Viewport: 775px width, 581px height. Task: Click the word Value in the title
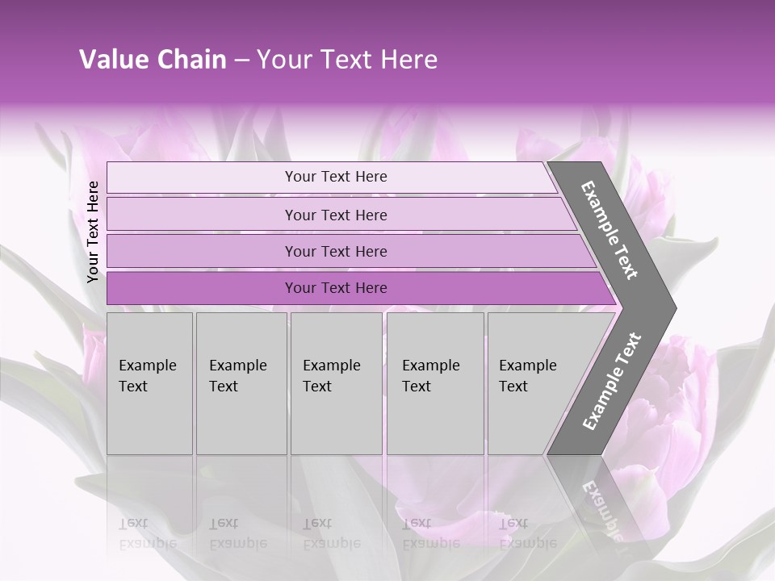tap(112, 60)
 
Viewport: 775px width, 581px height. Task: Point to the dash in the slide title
tap(241, 61)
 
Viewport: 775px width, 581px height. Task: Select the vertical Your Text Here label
tap(94, 232)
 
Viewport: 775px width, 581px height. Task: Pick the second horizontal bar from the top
tap(336, 215)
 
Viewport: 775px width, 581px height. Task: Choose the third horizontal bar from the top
tap(336, 251)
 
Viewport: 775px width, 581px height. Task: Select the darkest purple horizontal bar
tap(336, 288)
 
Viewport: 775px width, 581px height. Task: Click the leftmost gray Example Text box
tap(149, 383)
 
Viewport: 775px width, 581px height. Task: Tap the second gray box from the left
tap(241, 383)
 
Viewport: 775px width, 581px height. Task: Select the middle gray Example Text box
tap(336, 383)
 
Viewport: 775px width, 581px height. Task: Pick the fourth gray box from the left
tap(435, 383)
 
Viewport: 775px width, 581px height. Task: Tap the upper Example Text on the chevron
tap(610, 230)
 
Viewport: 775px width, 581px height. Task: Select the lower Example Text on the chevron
tap(612, 381)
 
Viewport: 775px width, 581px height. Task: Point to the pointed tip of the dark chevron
tap(675, 307)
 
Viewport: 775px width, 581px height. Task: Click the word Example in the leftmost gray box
tap(147, 366)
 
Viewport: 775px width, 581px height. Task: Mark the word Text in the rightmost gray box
tap(513, 387)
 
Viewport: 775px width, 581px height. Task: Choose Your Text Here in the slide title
tap(347, 60)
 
